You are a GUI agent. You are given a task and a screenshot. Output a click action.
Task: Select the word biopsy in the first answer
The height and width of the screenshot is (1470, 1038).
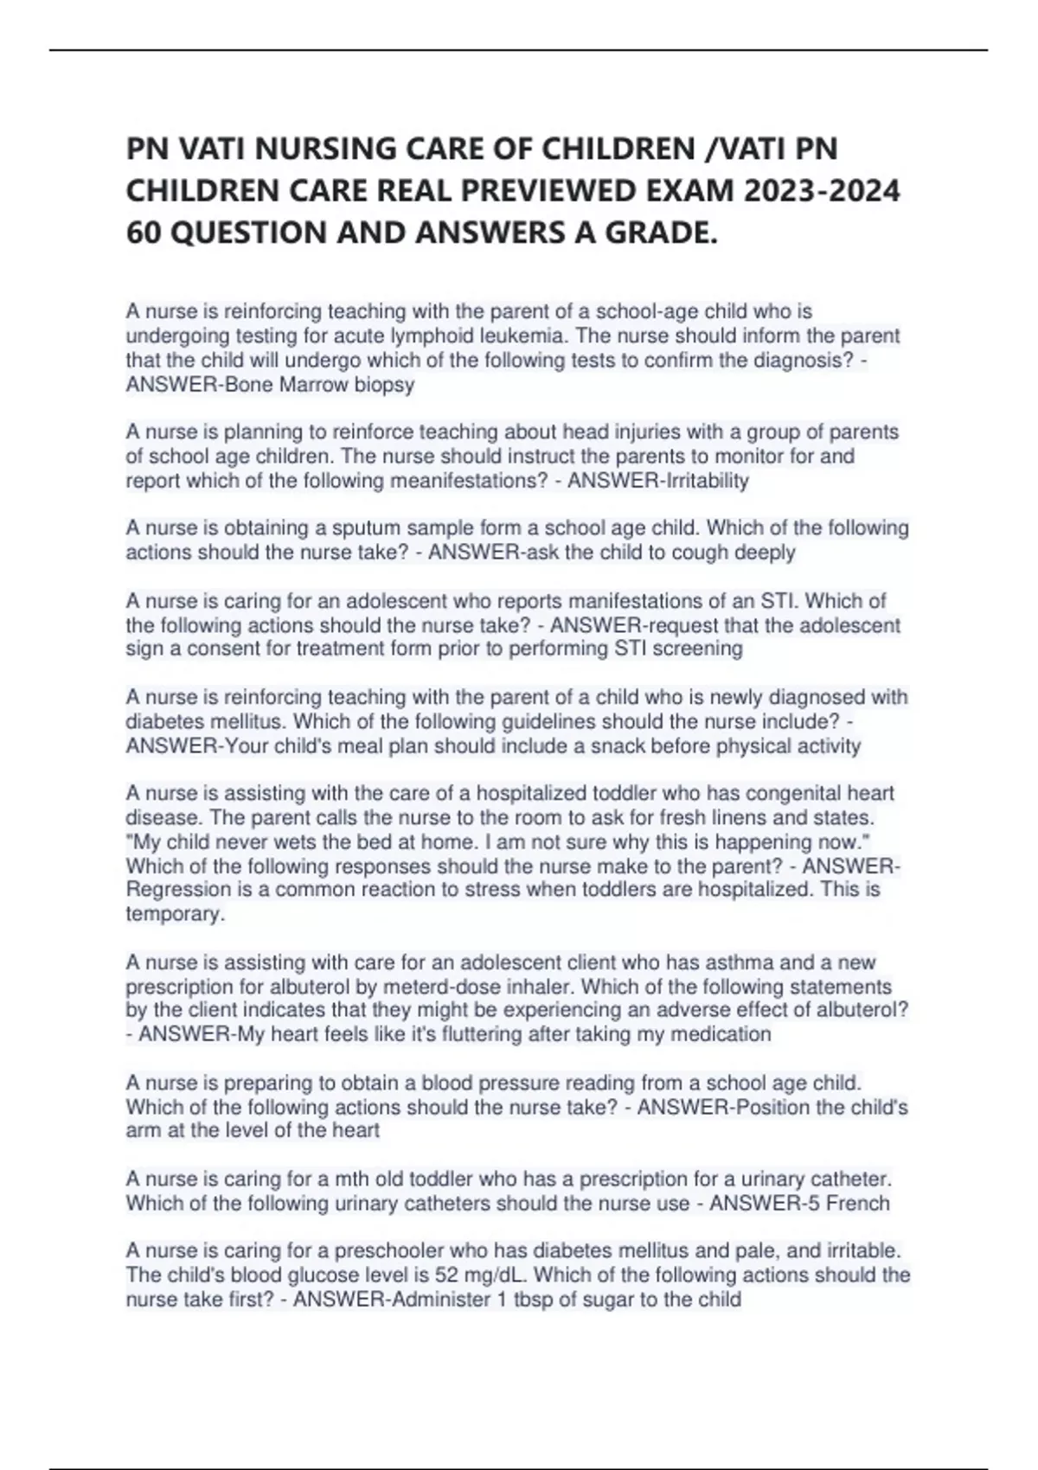385,385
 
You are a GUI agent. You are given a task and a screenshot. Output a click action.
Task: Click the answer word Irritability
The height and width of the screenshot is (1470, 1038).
705,481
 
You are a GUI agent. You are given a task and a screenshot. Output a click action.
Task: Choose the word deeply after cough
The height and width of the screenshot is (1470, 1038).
765,553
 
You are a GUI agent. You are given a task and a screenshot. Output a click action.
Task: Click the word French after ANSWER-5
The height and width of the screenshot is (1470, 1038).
857,1203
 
